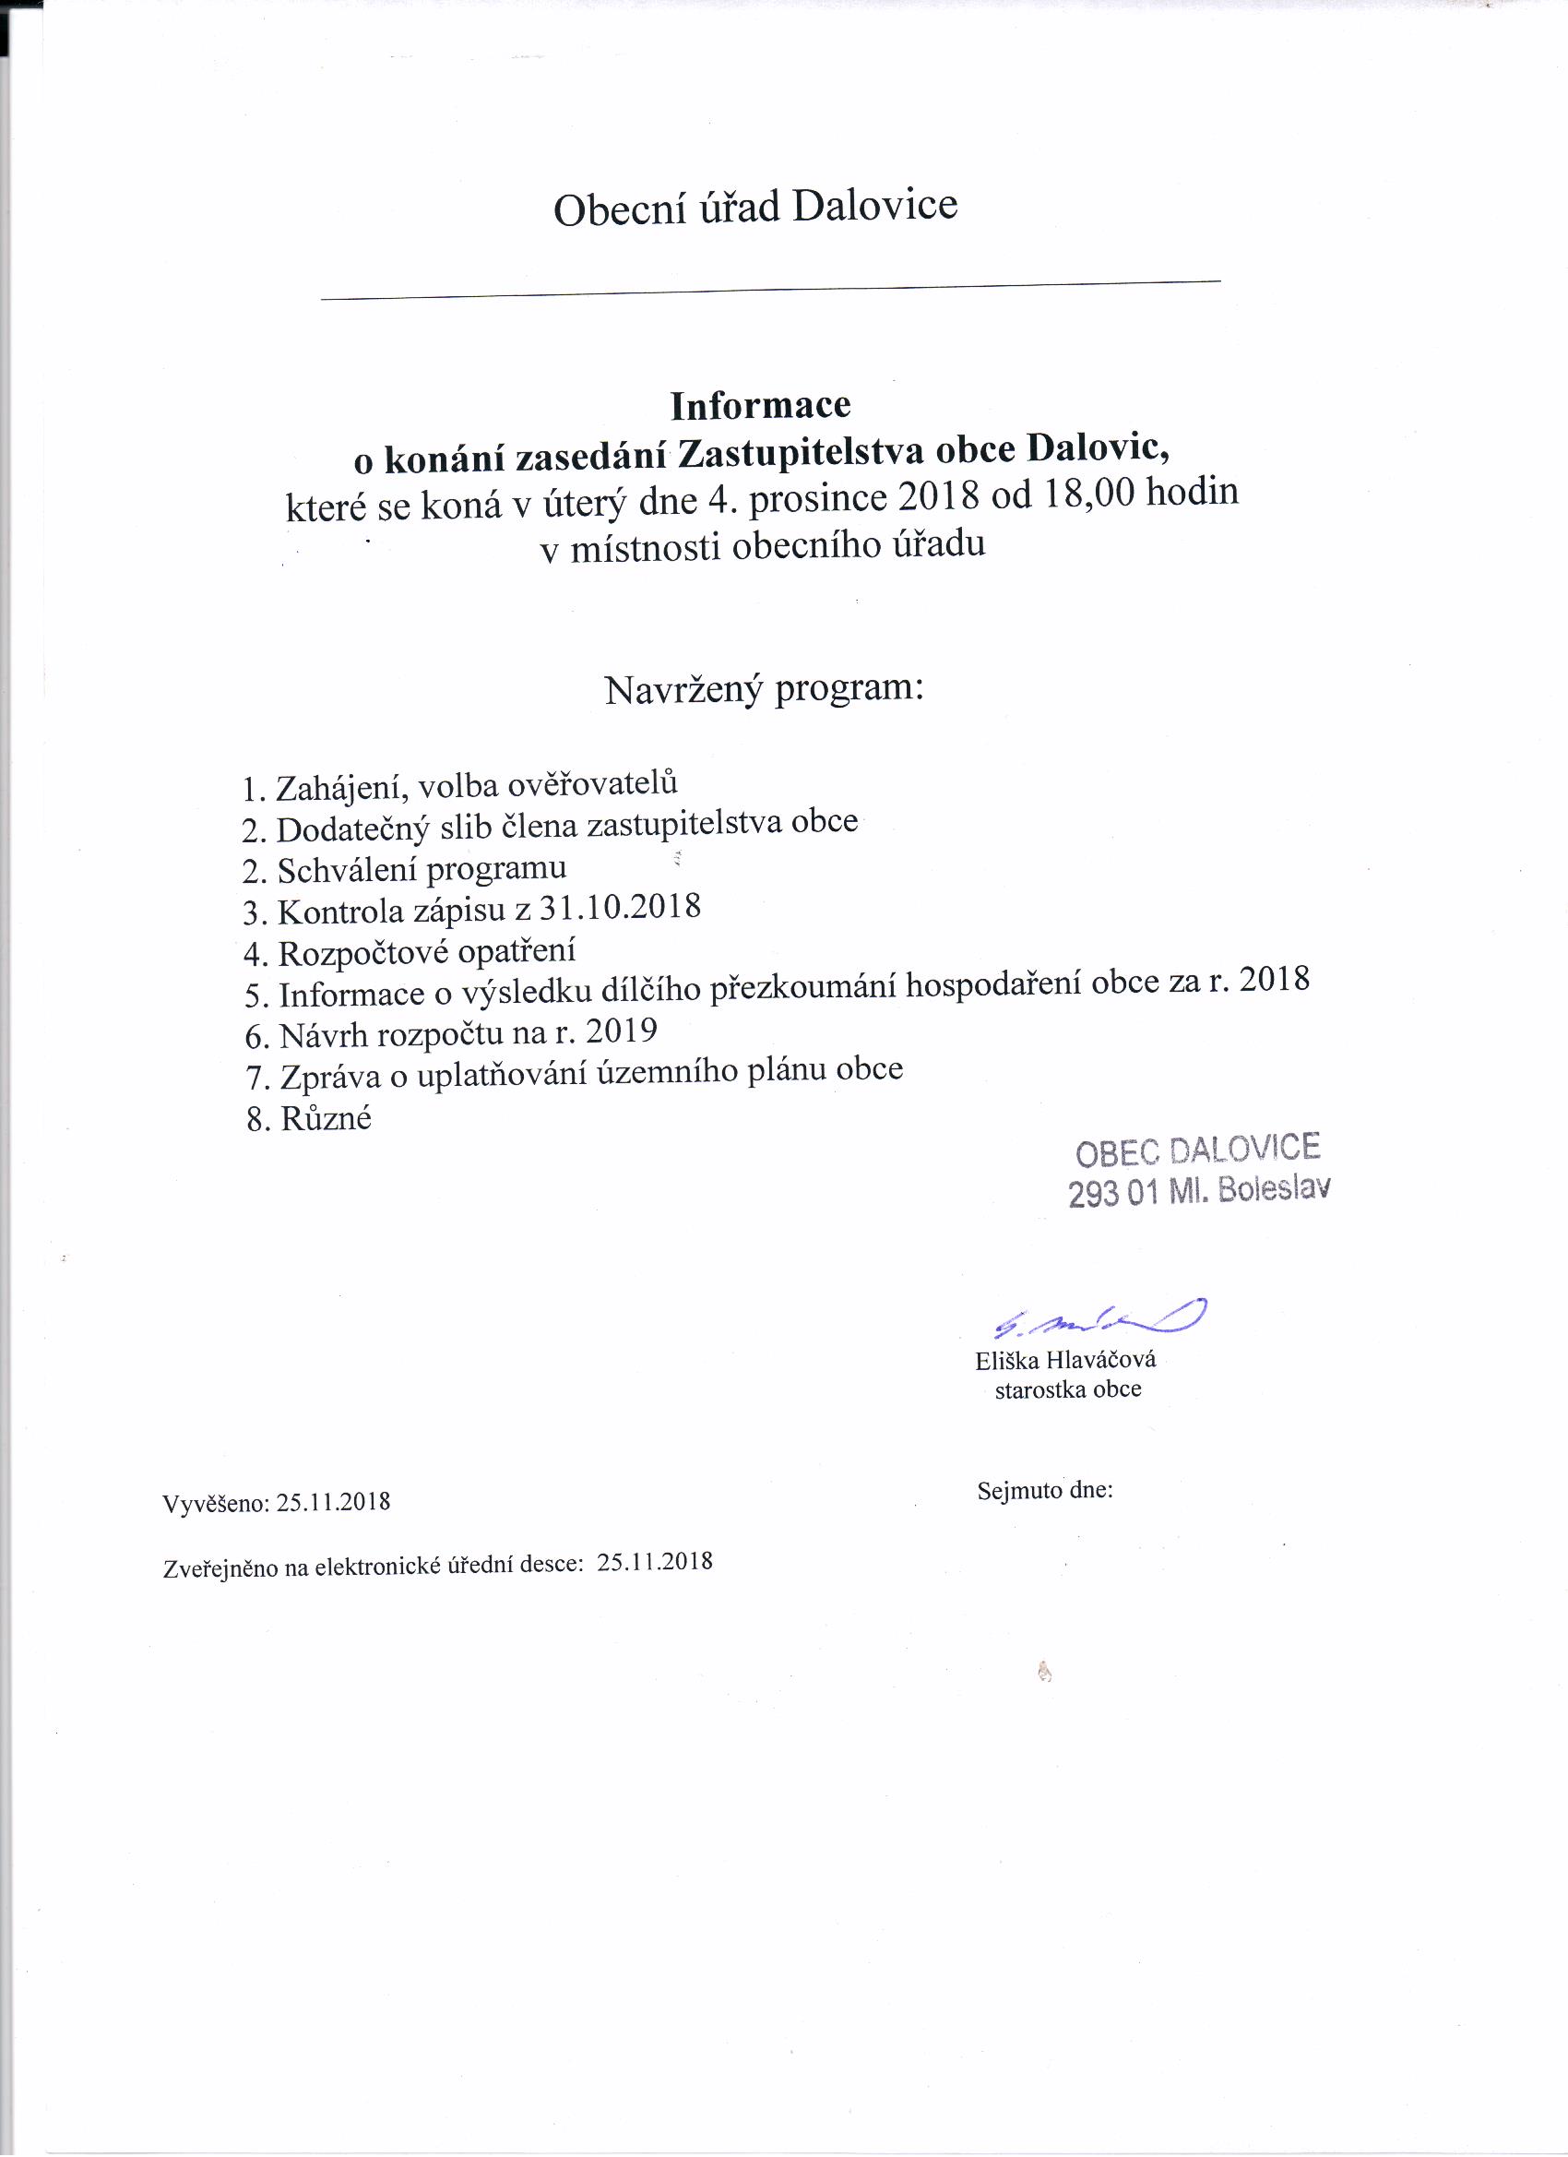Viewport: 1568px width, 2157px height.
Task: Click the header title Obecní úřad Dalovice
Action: click(x=755, y=208)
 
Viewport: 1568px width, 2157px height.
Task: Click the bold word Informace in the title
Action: click(x=760, y=406)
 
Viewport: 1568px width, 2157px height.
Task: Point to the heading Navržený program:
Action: click(x=764, y=688)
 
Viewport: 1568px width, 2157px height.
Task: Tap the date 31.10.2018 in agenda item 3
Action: click(x=619, y=907)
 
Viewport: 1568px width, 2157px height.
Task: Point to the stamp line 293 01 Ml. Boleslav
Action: click(x=1198, y=1191)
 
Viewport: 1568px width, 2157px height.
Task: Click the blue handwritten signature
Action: click(x=1099, y=1317)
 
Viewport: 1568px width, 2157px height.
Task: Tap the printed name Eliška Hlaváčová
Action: click(x=1065, y=1360)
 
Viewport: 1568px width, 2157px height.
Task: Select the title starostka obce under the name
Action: click(x=1067, y=1389)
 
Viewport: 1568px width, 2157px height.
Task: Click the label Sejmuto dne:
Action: click(x=1044, y=1490)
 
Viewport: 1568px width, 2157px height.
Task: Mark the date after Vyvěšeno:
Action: click(x=333, y=1503)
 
